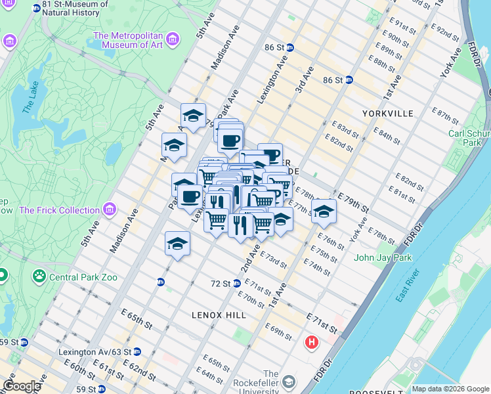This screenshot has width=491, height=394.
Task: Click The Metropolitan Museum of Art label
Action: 128,41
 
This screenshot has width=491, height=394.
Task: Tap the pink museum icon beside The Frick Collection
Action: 109,210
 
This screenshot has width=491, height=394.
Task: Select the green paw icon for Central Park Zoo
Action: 39,276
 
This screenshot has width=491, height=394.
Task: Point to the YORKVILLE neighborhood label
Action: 388,114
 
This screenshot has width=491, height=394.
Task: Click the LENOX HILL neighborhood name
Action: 219,315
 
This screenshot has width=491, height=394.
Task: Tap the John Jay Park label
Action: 383,257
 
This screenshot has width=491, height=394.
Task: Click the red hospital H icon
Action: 312,342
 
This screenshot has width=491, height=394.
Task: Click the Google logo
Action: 22,385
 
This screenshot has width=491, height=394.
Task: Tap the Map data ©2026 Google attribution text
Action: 450,389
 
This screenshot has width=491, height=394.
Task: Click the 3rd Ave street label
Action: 304,78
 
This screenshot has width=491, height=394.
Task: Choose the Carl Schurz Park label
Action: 469,137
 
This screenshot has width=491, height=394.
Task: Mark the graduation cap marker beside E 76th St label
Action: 324,211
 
